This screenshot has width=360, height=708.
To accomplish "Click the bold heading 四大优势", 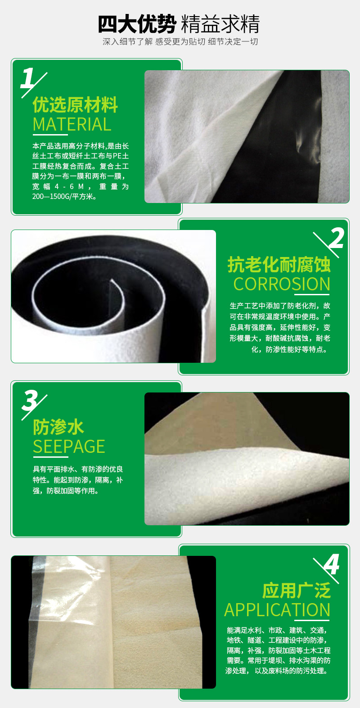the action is click(137, 24).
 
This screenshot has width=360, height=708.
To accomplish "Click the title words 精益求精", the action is click(220, 24).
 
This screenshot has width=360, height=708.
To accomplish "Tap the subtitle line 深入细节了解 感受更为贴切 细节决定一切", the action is click(180, 41).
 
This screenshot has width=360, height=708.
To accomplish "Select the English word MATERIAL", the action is click(72, 124).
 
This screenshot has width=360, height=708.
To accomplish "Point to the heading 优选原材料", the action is click(75, 104).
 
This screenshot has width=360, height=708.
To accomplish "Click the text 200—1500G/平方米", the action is click(64, 196).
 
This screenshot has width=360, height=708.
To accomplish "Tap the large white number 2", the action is click(336, 238).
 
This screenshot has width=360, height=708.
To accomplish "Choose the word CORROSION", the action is click(282, 284).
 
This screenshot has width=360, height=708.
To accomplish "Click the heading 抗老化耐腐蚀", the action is click(279, 265).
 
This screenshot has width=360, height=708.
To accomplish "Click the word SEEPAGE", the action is click(69, 446).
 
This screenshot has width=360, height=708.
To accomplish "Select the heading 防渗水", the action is click(58, 427).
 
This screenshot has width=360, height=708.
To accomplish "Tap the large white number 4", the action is click(332, 564).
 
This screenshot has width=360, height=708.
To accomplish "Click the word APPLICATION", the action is click(277, 610).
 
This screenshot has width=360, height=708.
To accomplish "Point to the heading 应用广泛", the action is click(297, 591).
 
